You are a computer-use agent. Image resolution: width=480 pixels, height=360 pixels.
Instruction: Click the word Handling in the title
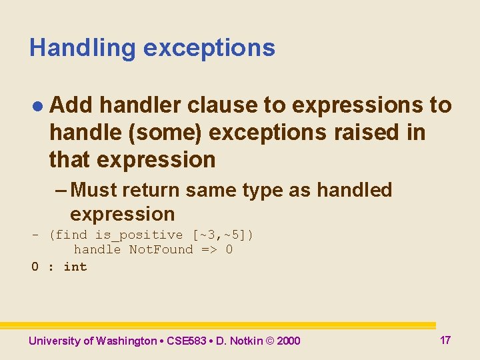(x=82, y=48)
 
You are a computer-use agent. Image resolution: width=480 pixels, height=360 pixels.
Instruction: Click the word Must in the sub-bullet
(x=99, y=191)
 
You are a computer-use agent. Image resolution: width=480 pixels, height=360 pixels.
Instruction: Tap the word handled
(x=354, y=191)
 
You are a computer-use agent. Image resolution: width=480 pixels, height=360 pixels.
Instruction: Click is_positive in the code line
(x=139, y=235)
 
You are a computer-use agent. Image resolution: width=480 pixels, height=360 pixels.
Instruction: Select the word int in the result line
(x=75, y=267)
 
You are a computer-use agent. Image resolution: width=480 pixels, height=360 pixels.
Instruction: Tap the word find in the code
(x=71, y=235)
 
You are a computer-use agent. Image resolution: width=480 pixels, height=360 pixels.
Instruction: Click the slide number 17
(x=445, y=341)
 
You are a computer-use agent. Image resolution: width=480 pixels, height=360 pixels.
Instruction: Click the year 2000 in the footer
(x=288, y=341)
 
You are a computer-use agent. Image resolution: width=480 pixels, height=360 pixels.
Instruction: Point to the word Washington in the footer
(x=126, y=341)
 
